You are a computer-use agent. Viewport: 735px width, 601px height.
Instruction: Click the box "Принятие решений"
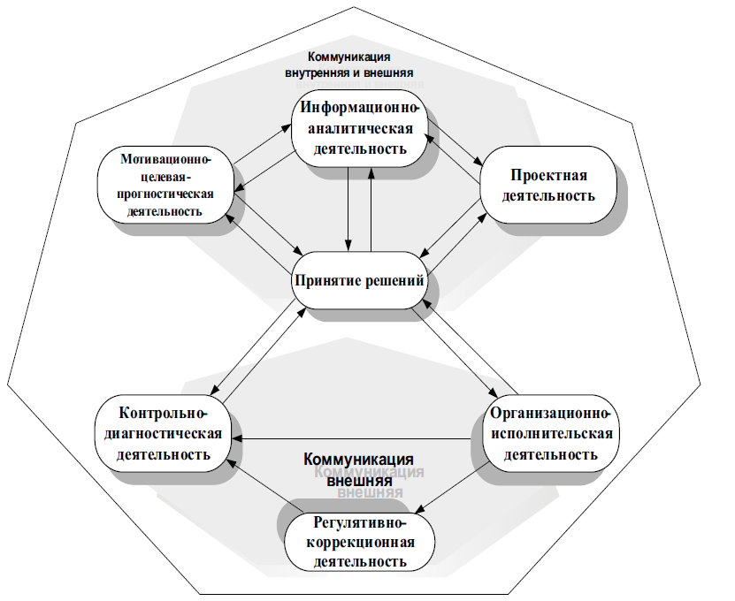pyautogui.click(x=359, y=281)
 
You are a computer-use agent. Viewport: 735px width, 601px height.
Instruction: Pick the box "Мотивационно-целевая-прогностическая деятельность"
pyautogui.click(x=165, y=185)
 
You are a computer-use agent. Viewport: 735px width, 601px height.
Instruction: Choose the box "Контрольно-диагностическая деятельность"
pyautogui.click(x=165, y=434)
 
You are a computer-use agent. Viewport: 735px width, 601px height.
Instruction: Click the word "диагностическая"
pyautogui.click(x=165, y=434)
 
